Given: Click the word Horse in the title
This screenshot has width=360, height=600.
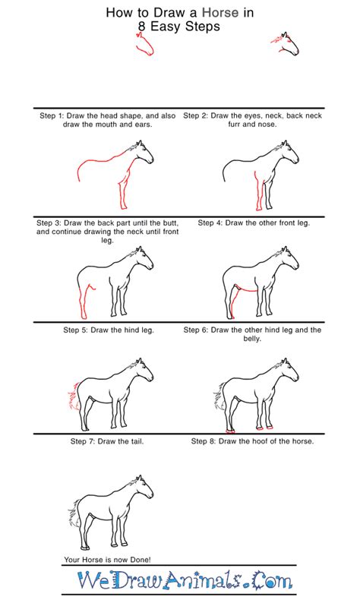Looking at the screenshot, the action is click(x=220, y=13).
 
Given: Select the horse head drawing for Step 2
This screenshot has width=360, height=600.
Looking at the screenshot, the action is click(x=286, y=44).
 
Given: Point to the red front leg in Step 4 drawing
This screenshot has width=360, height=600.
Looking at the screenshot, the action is click(x=259, y=191).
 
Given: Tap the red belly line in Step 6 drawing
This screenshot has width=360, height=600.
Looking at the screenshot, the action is click(x=247, y=289).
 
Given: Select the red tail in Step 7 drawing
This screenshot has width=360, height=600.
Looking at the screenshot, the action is click(x=74, y=396).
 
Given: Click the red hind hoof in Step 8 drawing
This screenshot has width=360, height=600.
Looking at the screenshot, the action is click(x=230, y=431).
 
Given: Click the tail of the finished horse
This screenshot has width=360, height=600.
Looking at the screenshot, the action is click(x=74, y=513).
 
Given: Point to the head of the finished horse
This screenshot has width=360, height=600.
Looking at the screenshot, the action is click(x=142, y=488).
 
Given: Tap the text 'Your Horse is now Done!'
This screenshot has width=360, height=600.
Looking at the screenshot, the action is click(x=108, y=560).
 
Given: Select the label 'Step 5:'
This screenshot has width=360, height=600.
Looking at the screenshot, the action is click(x=76, y=330).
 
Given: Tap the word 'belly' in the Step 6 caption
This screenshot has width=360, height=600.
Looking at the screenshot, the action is click(x=251, y=339).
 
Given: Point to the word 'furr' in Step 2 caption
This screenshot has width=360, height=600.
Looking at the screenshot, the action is click(x=235, y=125).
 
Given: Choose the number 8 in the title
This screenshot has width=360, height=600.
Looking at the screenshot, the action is click(x=142, y=27).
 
